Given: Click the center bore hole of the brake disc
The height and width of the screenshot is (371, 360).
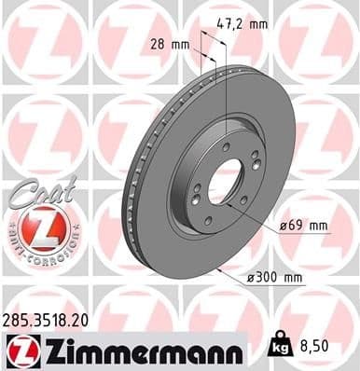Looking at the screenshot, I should [224, 184].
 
